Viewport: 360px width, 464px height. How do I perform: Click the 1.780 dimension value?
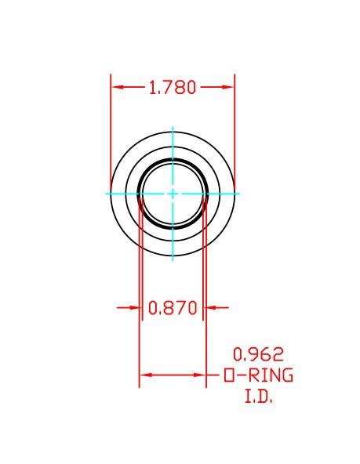[x=172, y=87]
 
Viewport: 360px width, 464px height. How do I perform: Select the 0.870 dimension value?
[x=172, y=308]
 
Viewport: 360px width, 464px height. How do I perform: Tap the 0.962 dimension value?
[x=258, y=354]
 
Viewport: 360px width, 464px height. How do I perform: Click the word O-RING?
[x=258, y=376]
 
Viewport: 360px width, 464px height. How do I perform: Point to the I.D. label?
[x=258, y=397]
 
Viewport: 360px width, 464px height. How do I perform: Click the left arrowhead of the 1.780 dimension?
[x=115, y=87]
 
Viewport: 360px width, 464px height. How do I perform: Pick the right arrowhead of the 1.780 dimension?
[x=231, y=87]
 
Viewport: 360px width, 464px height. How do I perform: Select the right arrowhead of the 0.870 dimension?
[x=209, y=308]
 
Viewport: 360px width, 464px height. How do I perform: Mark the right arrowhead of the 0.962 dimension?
[x=202, y=375]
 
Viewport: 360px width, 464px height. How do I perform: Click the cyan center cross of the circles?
[x=173, y=193]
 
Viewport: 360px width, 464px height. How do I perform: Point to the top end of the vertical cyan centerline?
[x=173, y=127]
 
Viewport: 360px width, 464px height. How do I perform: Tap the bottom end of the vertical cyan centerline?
[x=173, y=259]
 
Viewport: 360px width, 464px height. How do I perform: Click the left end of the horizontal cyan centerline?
[x=107, y=193]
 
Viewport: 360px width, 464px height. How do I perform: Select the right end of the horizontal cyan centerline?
[x=238, y=193]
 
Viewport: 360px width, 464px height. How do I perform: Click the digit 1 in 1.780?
[x=152, y=87]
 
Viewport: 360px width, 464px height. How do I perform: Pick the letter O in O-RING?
[x=229, y=376]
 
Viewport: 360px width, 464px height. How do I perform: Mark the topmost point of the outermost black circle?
[x=173, y=131]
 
